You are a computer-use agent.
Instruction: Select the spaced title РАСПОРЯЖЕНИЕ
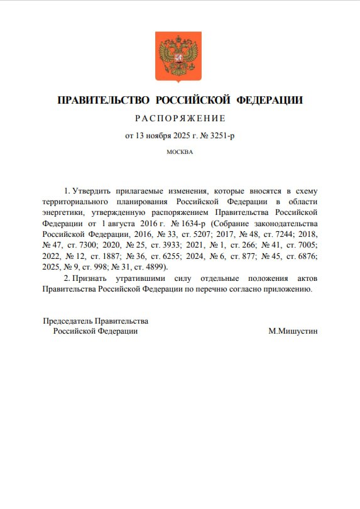(x=180, y=118)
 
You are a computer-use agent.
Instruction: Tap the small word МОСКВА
(x=180, y=151)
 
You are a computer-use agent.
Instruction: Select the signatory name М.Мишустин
(x=293, y=331)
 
